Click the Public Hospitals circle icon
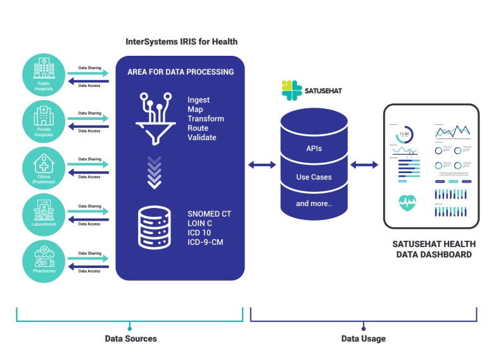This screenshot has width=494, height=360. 44,74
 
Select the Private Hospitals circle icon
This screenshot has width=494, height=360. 44,121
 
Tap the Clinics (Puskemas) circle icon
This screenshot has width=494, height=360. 44,168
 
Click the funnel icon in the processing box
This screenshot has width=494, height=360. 155,115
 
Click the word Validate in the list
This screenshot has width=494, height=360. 201,138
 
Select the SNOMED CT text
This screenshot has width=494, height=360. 209,214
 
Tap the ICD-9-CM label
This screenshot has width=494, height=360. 205,241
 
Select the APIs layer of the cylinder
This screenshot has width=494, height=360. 314,149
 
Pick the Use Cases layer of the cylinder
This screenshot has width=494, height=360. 314,177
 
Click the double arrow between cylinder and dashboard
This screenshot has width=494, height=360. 364,165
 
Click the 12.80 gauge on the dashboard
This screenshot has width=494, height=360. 405,134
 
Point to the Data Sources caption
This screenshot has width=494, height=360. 130,338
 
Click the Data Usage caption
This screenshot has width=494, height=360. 364,338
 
